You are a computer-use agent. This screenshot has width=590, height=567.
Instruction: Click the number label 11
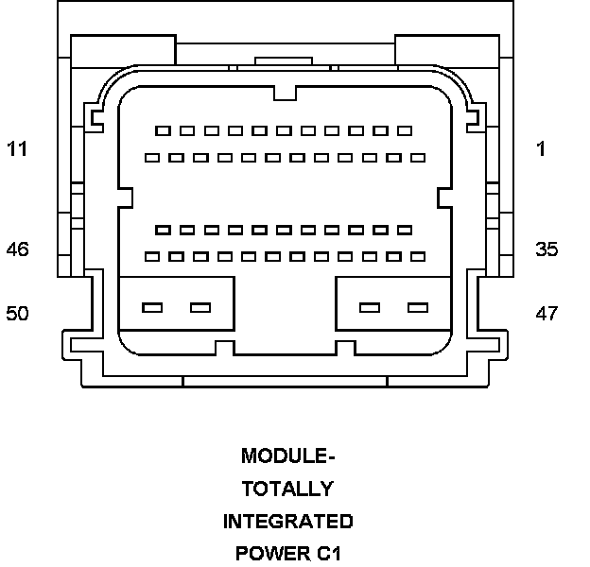coord(17,148)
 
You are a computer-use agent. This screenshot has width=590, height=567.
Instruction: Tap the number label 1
coord(541,148)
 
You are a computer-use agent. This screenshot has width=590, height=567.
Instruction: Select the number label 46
coord(18,249)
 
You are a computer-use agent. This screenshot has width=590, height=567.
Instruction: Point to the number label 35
coord(547,249)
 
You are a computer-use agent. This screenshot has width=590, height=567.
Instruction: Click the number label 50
coord(18,313)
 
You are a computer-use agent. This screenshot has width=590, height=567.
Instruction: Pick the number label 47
coord(547,313)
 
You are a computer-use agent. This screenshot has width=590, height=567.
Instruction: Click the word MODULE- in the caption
coord(288,456)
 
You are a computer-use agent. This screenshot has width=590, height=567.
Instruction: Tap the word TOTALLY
coord(287,489)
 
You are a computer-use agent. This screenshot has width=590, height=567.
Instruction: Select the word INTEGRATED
coord(288,521)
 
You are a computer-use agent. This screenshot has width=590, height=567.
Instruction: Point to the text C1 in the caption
coord(327,553)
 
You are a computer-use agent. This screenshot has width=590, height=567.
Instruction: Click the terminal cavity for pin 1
coord(405,130)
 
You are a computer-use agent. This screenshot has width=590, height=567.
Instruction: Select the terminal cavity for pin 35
coord(417,256)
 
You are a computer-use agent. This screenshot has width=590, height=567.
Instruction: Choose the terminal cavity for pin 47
coord(417,307)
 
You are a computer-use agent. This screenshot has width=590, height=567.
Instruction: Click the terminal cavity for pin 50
coord(151,307)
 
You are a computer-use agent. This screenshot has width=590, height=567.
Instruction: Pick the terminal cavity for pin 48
coord(370,307)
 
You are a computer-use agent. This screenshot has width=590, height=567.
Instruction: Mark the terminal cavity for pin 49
coord(200,307)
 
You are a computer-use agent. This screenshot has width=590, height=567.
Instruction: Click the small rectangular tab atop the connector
coord(283,60)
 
